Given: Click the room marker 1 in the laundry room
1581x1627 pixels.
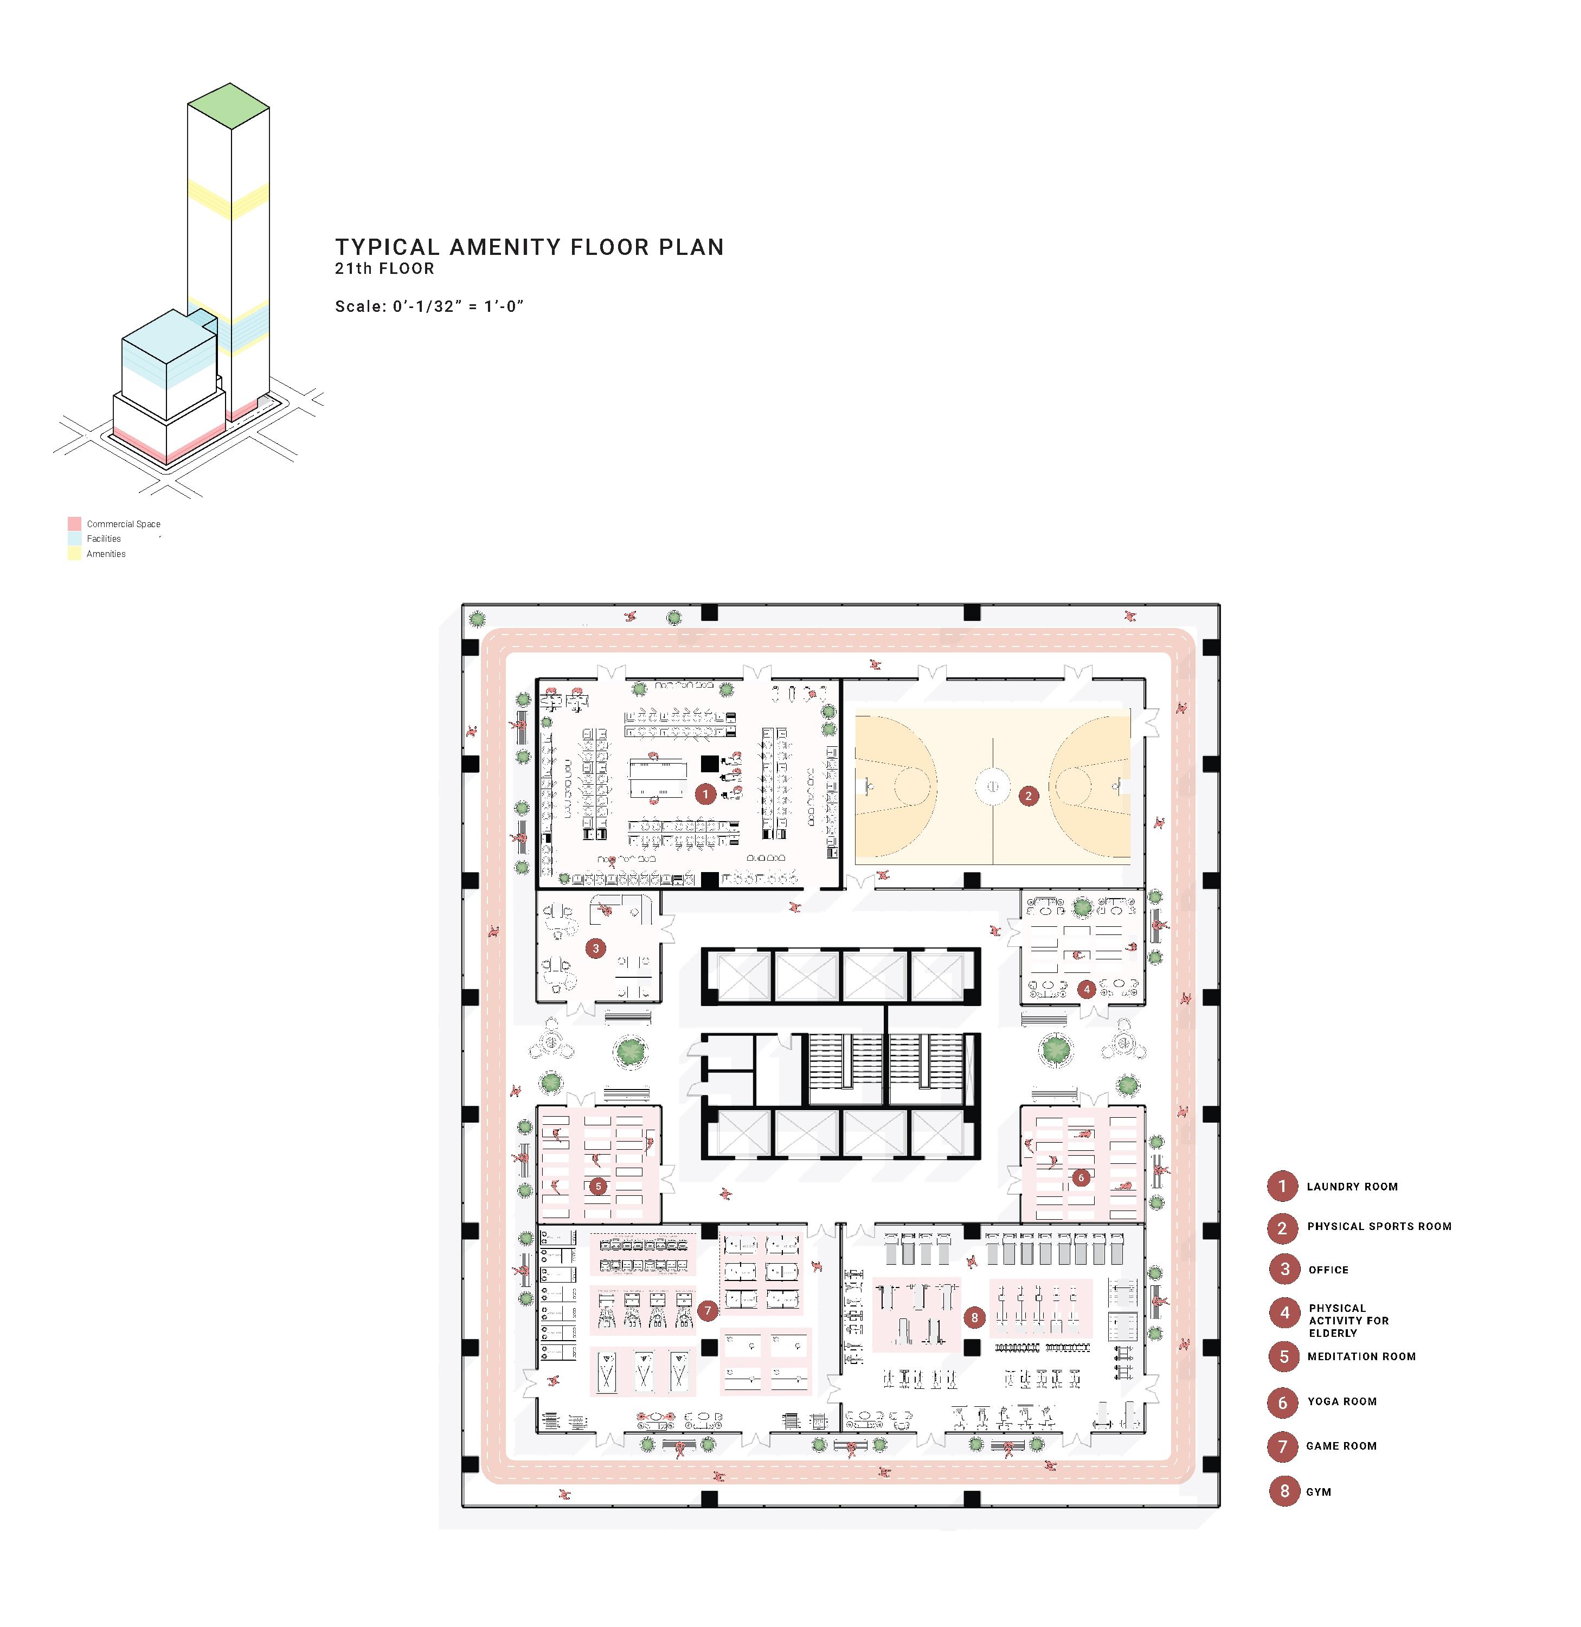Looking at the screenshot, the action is click(x=705, y=794).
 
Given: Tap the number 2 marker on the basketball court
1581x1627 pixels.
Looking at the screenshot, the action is click(x=1028, y=796).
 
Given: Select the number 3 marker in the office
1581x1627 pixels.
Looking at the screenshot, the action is click(x=595, y=947).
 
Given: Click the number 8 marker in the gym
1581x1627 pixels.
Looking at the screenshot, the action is click(x=974, y=1316).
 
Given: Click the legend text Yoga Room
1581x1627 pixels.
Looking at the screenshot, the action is click(x=1342, y=1401).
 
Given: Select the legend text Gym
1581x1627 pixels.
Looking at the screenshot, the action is click(x=1319, y=1491).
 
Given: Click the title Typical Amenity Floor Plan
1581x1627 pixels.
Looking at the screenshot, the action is click(x=529, y=247).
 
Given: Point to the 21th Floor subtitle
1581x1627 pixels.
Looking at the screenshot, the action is click(x=384, y=268).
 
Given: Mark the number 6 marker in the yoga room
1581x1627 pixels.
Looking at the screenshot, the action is click(x=1080, y=1177).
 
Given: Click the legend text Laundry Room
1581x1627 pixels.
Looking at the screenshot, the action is click(x=1352, y=1187).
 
